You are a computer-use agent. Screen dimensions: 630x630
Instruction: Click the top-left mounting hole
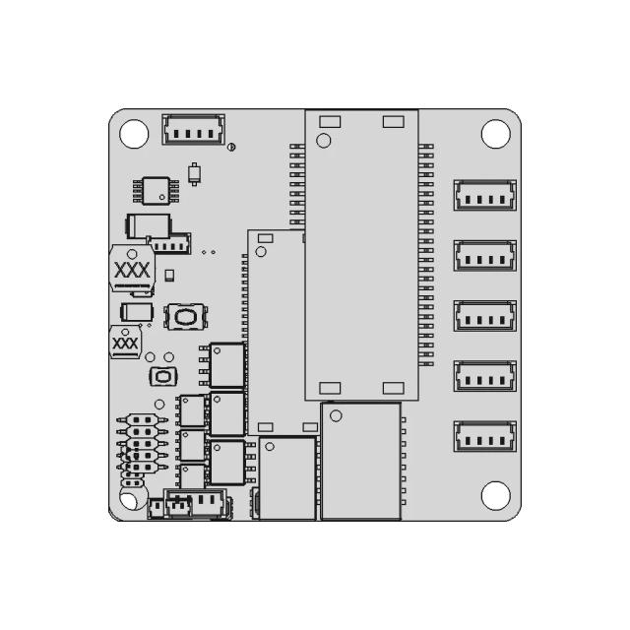coord(133,133)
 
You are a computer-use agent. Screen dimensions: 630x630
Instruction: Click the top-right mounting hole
coord(493,133)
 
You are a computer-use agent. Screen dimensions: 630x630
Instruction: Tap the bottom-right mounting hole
coord(493,494)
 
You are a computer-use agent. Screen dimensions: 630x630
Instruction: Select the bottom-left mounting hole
coord(133,498)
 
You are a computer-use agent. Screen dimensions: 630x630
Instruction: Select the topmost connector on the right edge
coord(484,195)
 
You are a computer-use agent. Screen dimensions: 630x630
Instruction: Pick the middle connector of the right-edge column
coord(484,316)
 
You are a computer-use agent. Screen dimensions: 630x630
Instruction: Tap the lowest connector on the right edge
coord(484,437)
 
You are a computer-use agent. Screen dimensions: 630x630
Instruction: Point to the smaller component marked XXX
coord(126,343)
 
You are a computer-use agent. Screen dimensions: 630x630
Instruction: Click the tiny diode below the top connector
coord(196,174)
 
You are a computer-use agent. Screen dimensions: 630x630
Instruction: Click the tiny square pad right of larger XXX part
coord(169,275)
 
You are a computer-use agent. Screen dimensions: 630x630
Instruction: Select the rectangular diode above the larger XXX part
coord(149,224)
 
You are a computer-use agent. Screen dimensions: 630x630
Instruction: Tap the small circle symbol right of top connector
coord(231,148)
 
